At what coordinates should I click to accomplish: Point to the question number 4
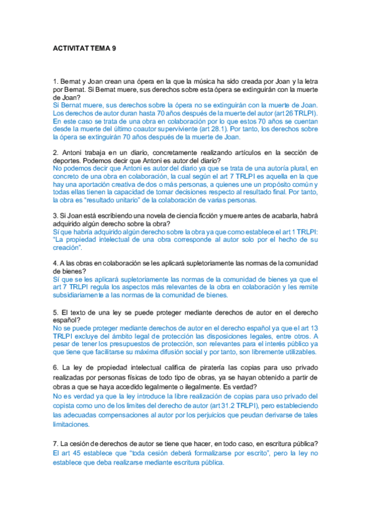point(55,263)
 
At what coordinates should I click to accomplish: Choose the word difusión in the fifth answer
point(200,351)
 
